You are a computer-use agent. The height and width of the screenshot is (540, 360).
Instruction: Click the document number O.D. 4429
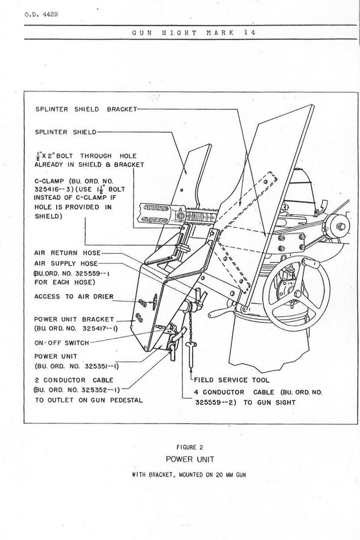click(41, 15)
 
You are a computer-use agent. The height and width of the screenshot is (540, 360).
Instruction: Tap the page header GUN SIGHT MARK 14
click(194, 33)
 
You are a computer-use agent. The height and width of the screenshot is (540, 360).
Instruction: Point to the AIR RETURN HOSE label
click(67, 253)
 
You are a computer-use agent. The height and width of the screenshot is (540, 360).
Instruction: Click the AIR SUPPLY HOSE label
click(66, 264)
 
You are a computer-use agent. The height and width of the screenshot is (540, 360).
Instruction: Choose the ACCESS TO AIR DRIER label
click(74, 296)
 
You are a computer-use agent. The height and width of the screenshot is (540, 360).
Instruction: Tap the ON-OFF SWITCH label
click(62, 343)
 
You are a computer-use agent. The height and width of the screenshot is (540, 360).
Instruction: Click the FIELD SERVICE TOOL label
click(232, 380)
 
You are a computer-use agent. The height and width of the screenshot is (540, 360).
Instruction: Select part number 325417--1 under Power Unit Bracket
click(100, 329)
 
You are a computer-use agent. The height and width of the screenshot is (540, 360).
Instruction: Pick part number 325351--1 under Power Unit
click(101, 367)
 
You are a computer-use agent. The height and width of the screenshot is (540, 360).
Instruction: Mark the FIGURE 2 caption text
click(190, 447)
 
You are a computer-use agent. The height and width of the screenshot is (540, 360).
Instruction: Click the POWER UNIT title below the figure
click(190, 459)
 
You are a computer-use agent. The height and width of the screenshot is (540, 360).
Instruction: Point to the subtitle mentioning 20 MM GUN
click(189, 475)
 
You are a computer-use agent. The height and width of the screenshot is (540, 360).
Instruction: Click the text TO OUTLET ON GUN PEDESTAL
click(89, 400)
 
